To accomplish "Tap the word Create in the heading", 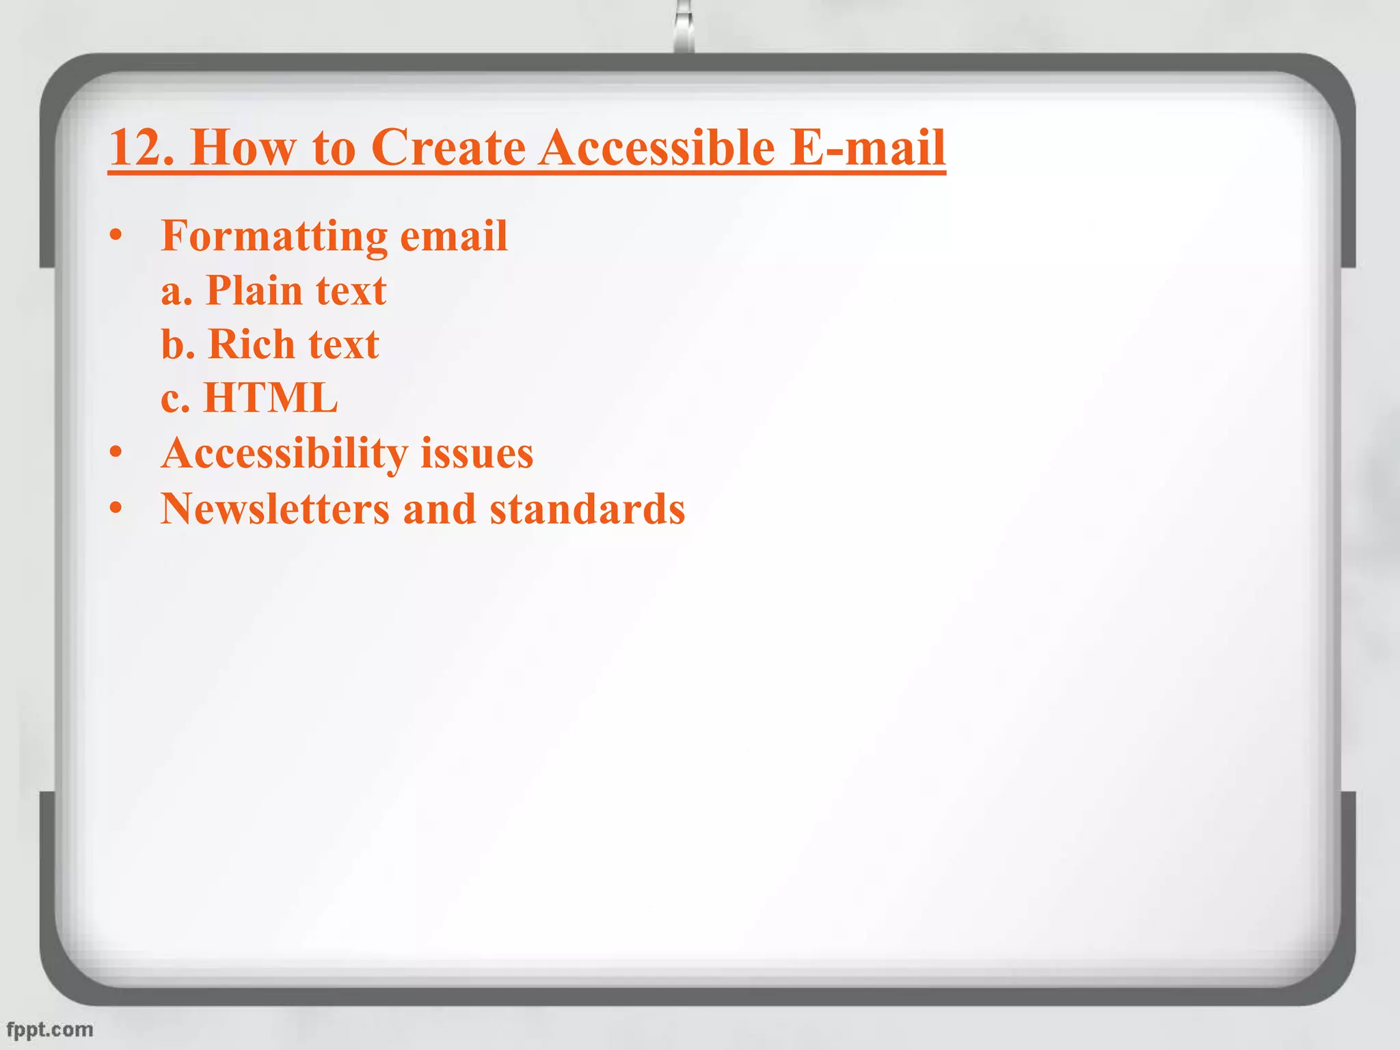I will [x=448, y=147].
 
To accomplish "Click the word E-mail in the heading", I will [x=867, y=147].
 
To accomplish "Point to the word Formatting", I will [x=275, y=237].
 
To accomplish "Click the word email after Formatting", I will [x=453, y=237].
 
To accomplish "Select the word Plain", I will [x=254, y=291].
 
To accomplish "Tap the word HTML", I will [x=271, y=398].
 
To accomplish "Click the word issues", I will [x=476, y=454].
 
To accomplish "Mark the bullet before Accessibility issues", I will [x=116, y=453].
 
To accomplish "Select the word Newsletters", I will [x=275, y=509].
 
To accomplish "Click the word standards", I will [x=587, y=509].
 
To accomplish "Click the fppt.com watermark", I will [x=49, y=1029].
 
